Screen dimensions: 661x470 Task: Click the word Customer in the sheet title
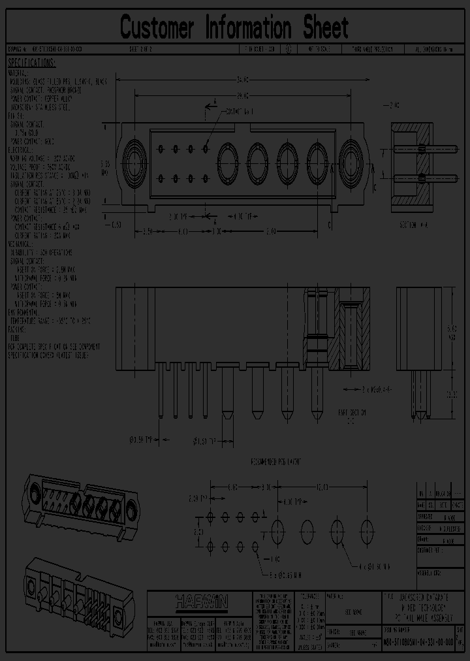(x=157, y=28)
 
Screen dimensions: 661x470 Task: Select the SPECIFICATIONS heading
(x=32, y=63)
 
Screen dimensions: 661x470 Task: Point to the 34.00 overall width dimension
(x=242, y=79)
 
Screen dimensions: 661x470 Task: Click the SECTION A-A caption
(x=413, y=223)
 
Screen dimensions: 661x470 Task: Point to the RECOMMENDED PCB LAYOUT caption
(x=277, y=462)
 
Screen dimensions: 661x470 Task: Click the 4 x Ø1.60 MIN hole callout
(x=375, y=566)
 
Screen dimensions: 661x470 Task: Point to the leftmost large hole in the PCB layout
(x=277, y=528)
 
